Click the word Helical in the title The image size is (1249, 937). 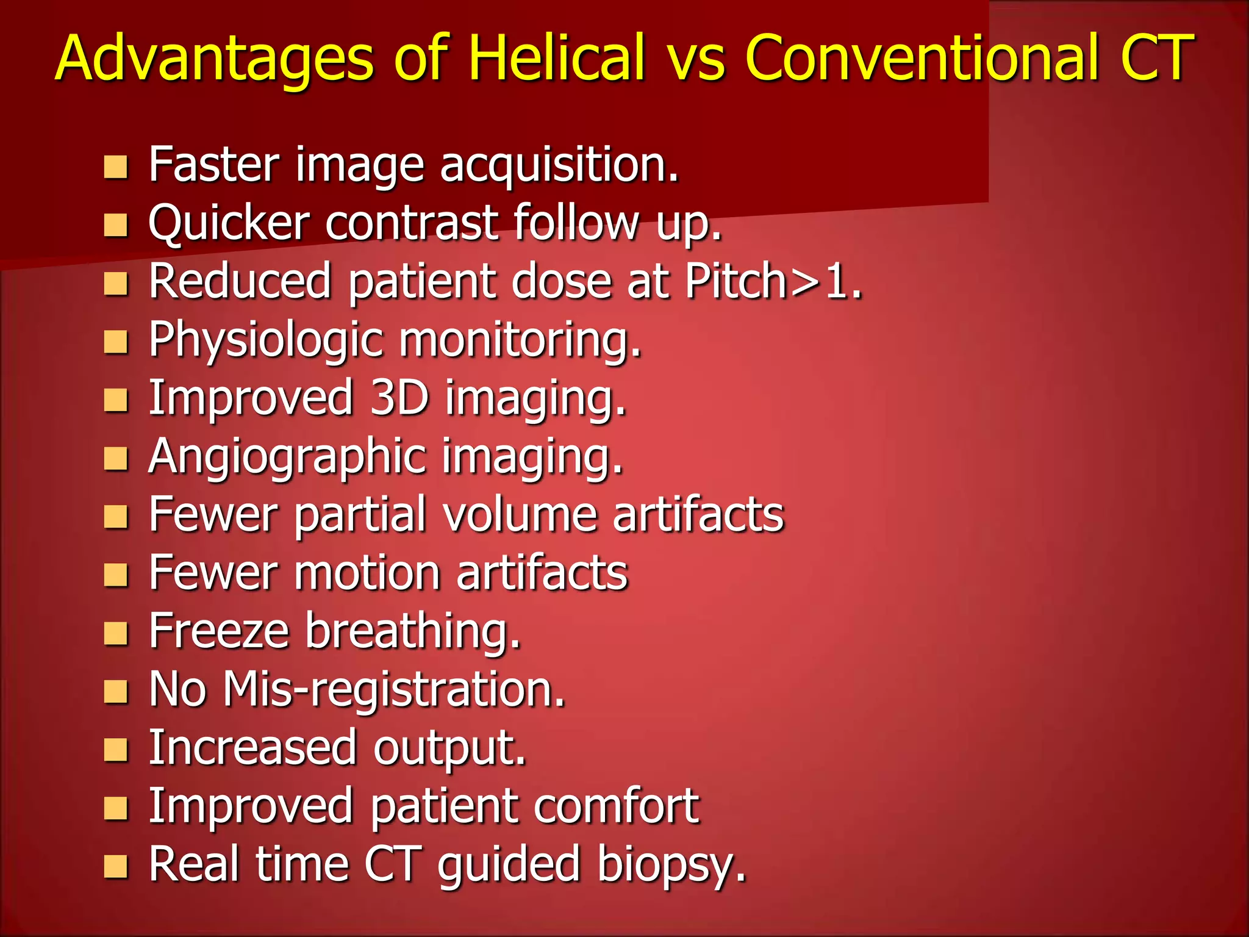tap(556, 57)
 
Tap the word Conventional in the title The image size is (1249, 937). tap(922, 57)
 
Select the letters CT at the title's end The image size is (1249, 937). tap(1156, 57)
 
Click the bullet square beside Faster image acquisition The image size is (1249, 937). tap(115, 167)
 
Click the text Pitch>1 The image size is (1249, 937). tap(773, 281)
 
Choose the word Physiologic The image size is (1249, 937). tap(266, 340)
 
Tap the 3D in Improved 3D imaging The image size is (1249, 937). tap(399, 398)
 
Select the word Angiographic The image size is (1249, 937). tap(287, 457)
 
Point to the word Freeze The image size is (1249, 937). tap(219, 631)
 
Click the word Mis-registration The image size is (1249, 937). tap(393, 690)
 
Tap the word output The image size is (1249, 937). tap(449, 749)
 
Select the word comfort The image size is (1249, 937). tap(616, 806)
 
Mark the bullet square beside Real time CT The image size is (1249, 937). tap(115, 866)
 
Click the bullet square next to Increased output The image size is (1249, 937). tap(115, 750)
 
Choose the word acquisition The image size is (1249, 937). tap(559, 167)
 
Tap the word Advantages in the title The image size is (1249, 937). tap(213, 57)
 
